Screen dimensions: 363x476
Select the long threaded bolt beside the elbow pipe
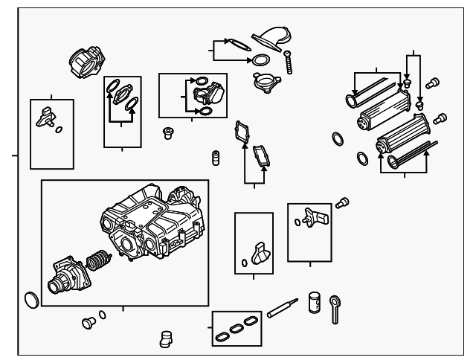click(x=287, y=60)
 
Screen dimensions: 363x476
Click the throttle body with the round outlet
click(x=66, y=277)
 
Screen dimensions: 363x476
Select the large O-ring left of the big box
click(x=30, y=300)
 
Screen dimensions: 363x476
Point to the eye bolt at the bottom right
click(x=336, y=306)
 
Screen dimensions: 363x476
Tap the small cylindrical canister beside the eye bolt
click(x=314, y=301)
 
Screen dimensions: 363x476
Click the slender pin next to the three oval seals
click(x=283, y=306)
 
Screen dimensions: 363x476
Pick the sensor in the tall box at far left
click(x=46, y=115)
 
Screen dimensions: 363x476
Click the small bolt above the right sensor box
click(x=342, y=202)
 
